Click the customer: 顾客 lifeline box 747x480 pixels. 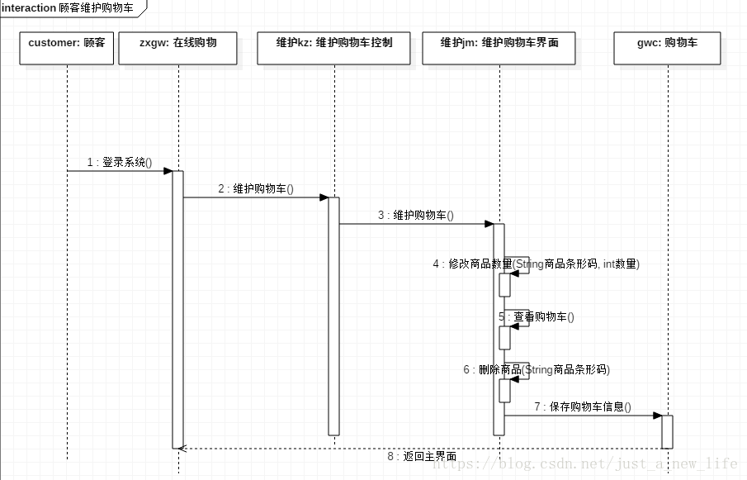pyautogui.click(x=66, y=48)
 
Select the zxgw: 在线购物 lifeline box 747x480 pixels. pyautogui.click(x=177, y=48)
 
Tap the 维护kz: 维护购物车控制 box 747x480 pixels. pyautogui.click(x=333, y=48)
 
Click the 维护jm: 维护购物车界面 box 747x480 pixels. pyautogui.click(x=499, y=48)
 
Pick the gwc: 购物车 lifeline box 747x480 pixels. pyautogui.click(x=667, y=48)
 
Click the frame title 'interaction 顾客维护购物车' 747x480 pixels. pyautogui.click(x=73, y=7)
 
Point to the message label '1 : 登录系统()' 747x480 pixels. pyautogui.click(x=120, y=163)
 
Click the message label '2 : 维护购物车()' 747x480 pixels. pyautogui.click(x=256, y=189)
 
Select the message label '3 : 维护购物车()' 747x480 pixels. pyautogui.click(x=416, y=216)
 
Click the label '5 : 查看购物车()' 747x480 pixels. pyautogui.click(x=537, y=316)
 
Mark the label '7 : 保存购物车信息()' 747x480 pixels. pyautogui.click(x=583, y=406)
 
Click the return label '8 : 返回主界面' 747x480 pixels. pyautogui.click(x=421, y=456)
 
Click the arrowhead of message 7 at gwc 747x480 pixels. pyautogui.click(x=657, y=416)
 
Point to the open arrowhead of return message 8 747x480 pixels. pyautogui.click(x=183, y=449)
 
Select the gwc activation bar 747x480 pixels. pyautogui.click(x=667, y=431)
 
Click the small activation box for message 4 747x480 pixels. pyautogui.click(x=504, y=284)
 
